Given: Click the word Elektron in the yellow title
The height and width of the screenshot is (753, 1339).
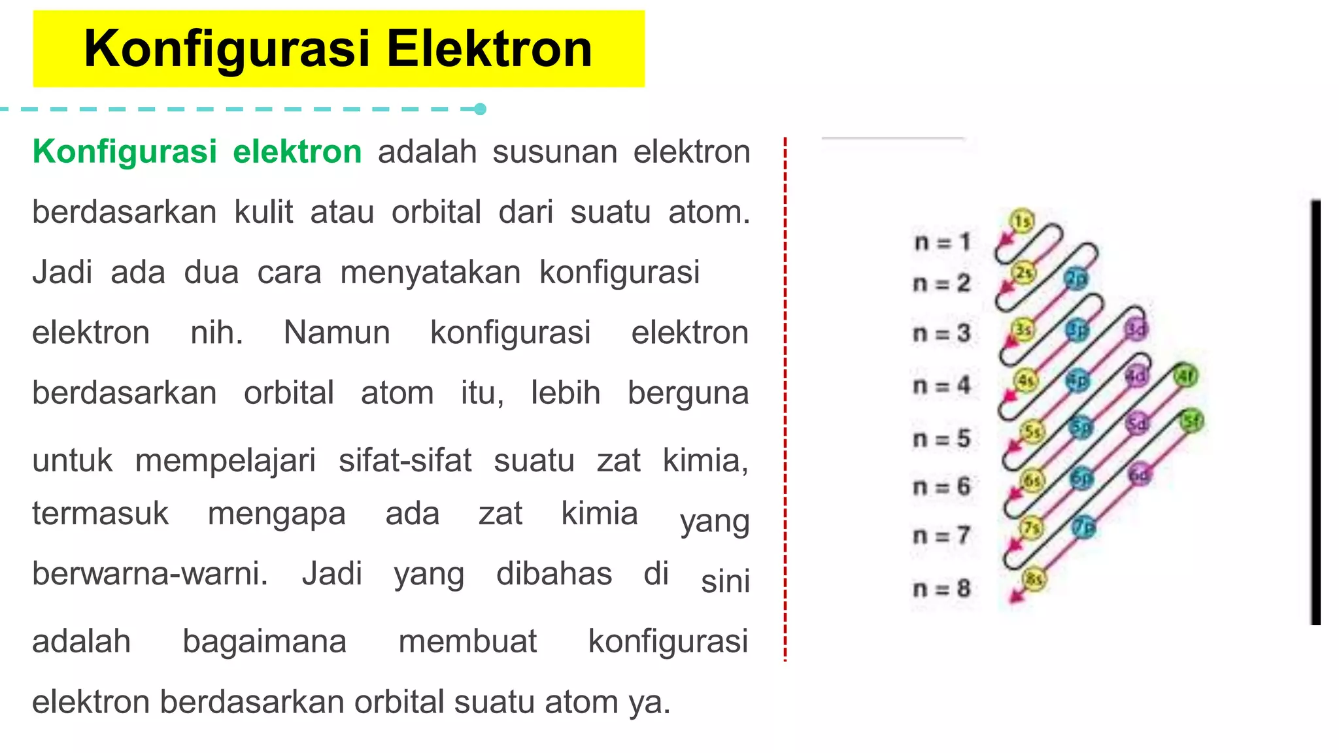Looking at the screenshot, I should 489,49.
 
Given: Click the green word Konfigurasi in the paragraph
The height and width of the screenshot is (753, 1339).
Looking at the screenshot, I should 124,152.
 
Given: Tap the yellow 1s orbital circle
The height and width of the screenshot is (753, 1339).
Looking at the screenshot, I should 1022,221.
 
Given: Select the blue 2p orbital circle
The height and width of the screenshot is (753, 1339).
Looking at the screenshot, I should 1076,279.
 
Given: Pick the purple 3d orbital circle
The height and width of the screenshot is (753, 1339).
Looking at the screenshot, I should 1136,329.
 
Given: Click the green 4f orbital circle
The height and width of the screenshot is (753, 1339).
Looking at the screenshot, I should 1185,376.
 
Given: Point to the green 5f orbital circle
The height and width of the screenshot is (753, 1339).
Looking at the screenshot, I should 1192,421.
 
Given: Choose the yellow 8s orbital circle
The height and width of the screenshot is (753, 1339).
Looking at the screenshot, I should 1034,579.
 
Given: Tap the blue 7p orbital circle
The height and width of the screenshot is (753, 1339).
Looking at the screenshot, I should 1083,527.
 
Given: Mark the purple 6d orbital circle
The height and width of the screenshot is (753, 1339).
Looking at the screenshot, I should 1140,475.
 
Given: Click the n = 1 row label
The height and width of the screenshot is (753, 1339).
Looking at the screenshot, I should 942,243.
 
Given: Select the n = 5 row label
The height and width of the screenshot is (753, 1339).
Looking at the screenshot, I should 942,439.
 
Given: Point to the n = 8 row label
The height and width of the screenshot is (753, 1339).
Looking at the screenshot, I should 942,589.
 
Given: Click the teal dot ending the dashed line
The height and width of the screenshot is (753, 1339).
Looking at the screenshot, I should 480,109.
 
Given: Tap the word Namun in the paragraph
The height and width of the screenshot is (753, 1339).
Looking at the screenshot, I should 337,333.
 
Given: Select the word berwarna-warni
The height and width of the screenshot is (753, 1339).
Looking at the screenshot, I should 150,574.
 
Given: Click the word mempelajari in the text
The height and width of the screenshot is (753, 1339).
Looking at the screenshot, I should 226,460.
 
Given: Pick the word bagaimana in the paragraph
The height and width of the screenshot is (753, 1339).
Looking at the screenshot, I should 264,641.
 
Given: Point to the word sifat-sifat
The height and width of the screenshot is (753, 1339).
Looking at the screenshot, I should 405,460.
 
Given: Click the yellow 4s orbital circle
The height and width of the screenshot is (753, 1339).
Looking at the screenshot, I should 1026,380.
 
